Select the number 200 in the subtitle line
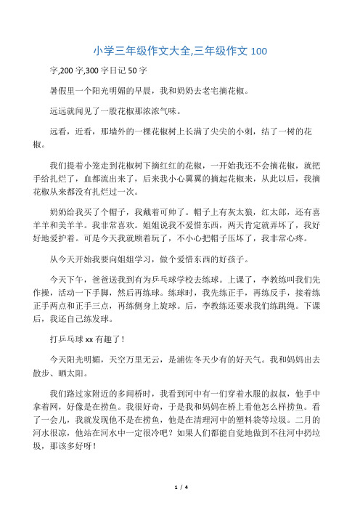click(66, 72)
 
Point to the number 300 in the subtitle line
click(97, 72)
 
